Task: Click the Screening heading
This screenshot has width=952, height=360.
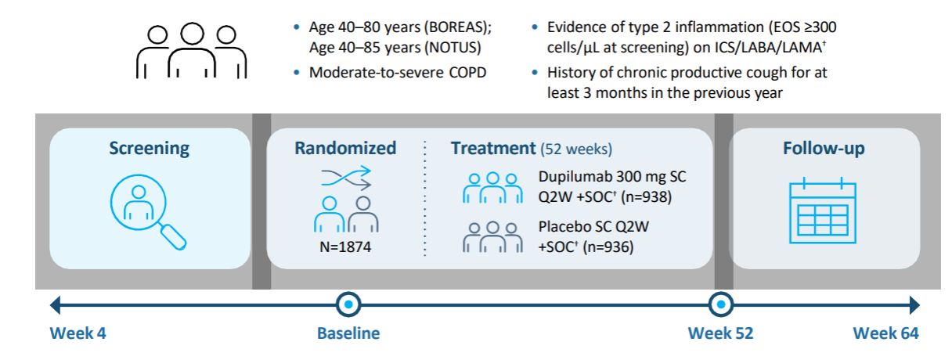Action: click(150, 149)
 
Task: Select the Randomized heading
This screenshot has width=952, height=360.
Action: click(345, 149)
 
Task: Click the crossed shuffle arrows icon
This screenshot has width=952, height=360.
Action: click(346, 178)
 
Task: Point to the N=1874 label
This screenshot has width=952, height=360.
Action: click(345, 247)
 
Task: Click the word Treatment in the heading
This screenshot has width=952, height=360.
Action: click(493, 149)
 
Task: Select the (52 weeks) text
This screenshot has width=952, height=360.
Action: click(576, 149)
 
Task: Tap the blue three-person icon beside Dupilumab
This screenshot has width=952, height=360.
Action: click(492, 188)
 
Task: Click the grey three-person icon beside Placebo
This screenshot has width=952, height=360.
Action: click(492, 237)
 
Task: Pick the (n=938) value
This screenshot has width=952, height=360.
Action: click(647, 197)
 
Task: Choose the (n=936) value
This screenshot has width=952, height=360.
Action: click(608, 247)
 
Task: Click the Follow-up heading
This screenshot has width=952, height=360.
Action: click(824, 149)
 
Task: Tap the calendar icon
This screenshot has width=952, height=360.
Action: click(823, 211)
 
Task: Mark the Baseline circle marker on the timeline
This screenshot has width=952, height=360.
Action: click(348, 304)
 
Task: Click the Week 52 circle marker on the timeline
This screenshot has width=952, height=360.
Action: click(721, 304)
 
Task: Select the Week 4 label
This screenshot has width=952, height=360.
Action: click(78, 333)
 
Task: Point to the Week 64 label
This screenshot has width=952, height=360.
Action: click(885, 333)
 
